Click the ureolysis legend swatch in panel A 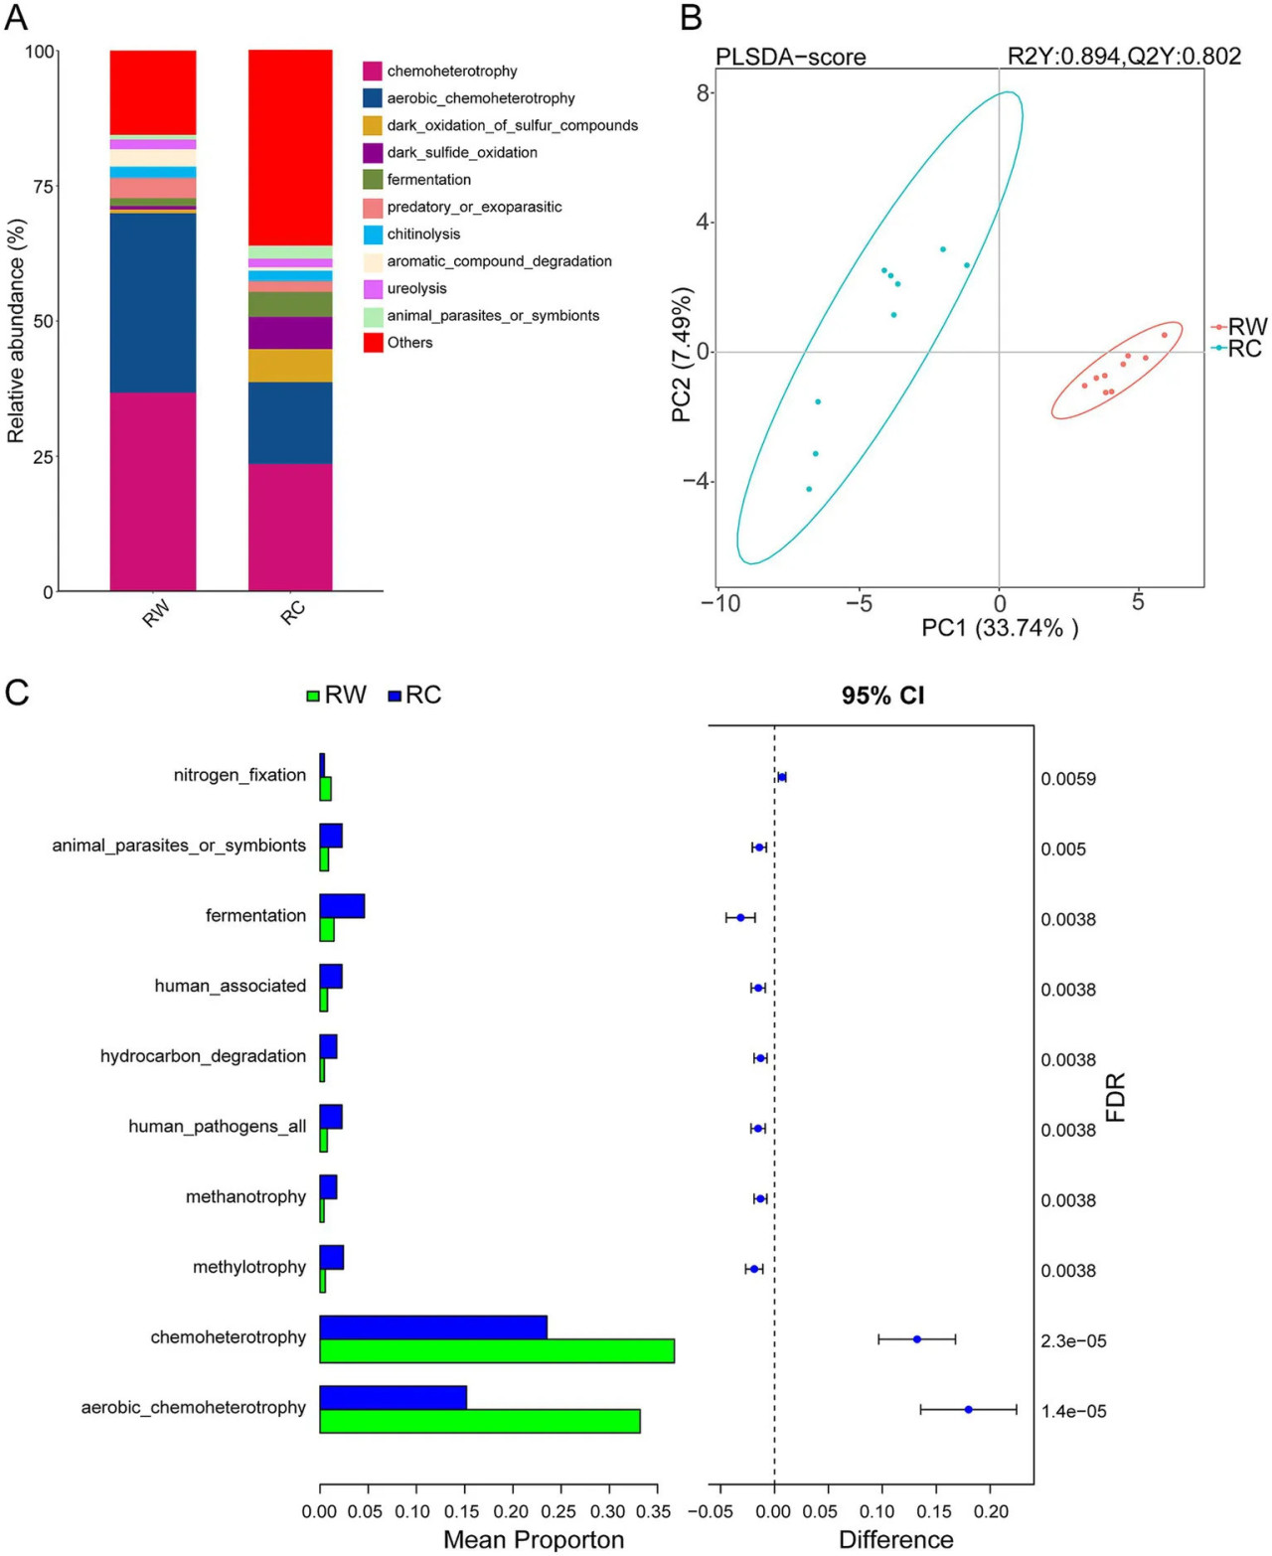point(373,288)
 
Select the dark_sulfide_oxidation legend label point(462,153)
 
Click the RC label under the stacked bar point(293,612)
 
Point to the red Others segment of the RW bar point(153,93)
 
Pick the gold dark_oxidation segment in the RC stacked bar point(290,366)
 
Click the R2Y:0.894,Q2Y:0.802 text point(1124,56)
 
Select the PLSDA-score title point(790,57)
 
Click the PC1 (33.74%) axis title point(1000,628)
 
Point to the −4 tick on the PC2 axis point(698,481)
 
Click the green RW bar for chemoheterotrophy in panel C point(497,1350)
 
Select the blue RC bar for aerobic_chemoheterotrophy point(394,1397)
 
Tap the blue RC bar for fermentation point(342,906)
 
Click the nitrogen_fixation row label point(239,775)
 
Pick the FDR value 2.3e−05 point(1073,1340)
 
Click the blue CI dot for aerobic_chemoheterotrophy point(969,1409)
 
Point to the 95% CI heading point(882,695)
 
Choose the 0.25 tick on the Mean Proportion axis point(558,1511)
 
